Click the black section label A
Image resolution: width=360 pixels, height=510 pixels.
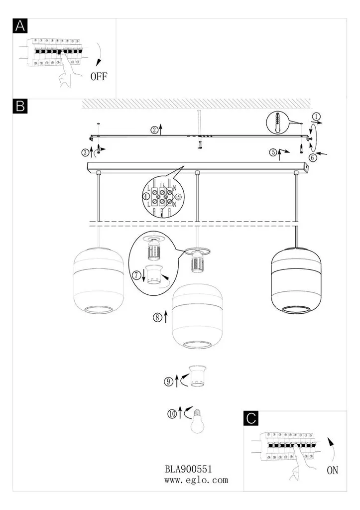(20, 26)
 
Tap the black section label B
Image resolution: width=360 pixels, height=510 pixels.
(20, 106)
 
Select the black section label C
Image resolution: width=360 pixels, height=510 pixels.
(251, 418)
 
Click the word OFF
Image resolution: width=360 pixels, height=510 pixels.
(99, 77)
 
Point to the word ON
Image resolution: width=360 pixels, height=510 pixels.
(332, 470)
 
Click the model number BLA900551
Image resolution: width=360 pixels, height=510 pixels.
(188, 469)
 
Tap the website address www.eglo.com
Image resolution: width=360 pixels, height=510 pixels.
(196, 480)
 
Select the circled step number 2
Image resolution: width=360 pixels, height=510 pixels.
(154, 130)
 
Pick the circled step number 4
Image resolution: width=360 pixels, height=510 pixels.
(146, 196)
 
